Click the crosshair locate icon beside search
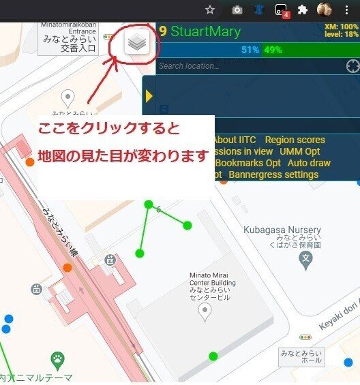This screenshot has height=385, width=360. (352, 66)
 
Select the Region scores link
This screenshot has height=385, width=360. (295, 140)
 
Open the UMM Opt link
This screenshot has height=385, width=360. (299, 151)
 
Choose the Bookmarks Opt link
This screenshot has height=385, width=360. (247, 163)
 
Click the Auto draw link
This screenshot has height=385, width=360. (309, 163)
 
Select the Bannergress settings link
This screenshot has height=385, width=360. (273, 174)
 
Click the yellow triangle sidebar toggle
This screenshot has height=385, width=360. (149, 96)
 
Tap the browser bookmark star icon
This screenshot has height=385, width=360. (210, 10)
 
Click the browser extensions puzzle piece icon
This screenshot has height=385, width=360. (303, 10)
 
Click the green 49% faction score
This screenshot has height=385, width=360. (273, 50)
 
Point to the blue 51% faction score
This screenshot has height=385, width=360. (250, 50)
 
